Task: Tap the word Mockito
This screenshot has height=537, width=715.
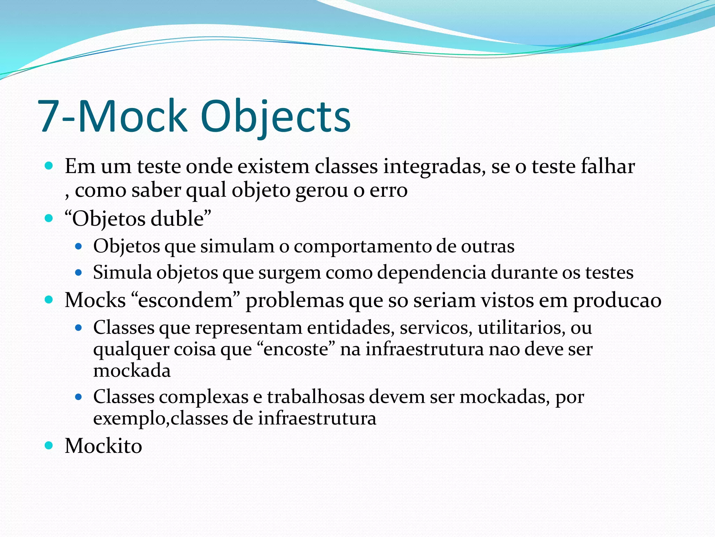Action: coord(103,446)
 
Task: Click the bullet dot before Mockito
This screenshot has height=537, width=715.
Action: coord(49,445)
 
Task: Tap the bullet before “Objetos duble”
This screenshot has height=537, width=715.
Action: coord(49,219)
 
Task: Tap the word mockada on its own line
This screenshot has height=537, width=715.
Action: coord(132,371)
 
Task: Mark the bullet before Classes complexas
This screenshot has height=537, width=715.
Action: coord(79,397)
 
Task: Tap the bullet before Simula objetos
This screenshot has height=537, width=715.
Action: coord(79,272)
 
